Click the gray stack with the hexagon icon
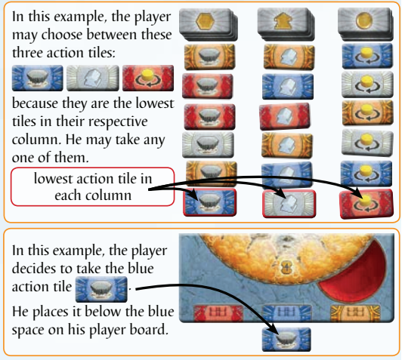209,24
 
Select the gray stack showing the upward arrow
286,24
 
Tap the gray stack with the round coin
366,24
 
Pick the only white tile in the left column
208,145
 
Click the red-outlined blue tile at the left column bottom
209,202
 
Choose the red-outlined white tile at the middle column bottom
289,204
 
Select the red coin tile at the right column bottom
366,204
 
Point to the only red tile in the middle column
285,116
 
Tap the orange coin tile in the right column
368,112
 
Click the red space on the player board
218,312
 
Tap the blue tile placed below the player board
286,340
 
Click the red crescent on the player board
366,278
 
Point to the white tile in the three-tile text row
93,78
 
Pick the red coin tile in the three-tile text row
148,78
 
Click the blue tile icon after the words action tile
101,289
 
